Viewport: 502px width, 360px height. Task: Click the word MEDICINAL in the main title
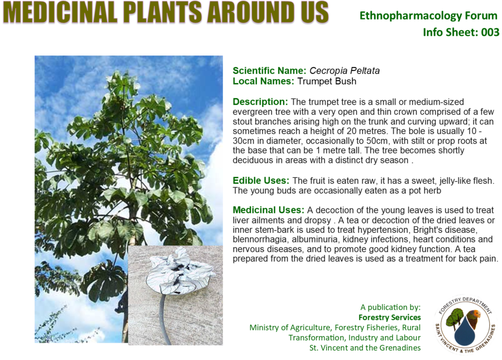tap(61, 12)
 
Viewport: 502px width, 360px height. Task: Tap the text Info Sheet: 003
tap(461, 32)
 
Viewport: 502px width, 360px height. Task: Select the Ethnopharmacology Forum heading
tap(428, 15)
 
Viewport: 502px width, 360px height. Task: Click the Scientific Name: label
tap(270, 71)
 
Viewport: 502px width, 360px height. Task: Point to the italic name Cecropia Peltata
tap(345, 71)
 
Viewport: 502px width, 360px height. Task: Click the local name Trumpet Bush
tap(326, 81)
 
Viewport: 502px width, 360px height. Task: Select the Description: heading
tap(260, 102)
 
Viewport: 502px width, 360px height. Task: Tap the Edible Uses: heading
tap(261, 180)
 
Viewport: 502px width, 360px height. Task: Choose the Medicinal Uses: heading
tap(268, 210)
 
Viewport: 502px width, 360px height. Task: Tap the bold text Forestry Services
tap(390, 317)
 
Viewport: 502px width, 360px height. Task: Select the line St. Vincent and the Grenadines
tap(365, 348)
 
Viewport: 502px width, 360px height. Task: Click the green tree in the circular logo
tap(453, 317)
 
